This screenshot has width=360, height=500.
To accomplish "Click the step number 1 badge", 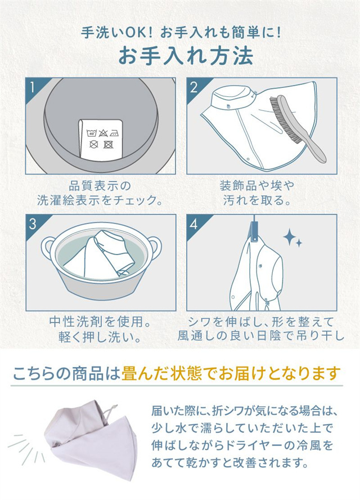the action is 32,87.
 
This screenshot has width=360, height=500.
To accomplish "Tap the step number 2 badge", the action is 193,87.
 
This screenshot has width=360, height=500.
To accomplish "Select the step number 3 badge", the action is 32,224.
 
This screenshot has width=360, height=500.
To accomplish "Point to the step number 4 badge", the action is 193,224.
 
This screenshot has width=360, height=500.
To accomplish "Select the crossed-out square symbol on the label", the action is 109,145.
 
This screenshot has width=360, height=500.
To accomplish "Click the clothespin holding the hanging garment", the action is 255,232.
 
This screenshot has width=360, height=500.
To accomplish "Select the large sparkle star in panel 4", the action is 290,237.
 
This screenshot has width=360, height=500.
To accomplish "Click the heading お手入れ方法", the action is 186,56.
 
